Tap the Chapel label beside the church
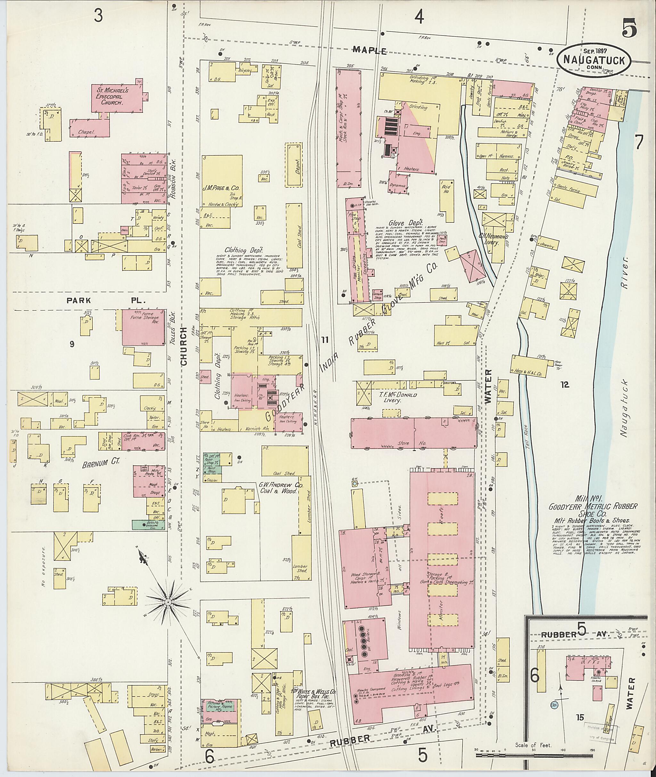point(86,132)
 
